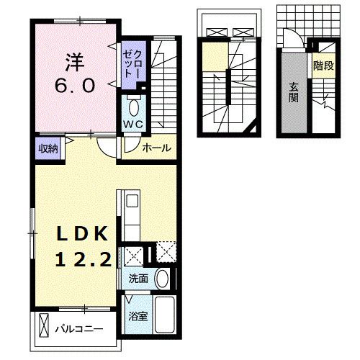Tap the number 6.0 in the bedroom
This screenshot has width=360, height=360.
tap(72, 86)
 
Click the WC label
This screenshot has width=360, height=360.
tap(133, 123)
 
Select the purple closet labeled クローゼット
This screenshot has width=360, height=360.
tap(130, 64)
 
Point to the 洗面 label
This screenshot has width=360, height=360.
tap(140, 278)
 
